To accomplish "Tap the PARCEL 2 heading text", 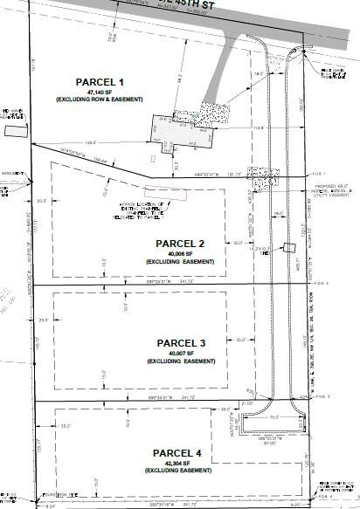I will point(180,243).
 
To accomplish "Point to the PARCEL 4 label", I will point(176,453).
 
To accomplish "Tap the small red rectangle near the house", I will point(153,158).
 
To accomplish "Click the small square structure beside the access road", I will point(285,248).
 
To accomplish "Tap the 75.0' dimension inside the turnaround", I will point(273,417).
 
